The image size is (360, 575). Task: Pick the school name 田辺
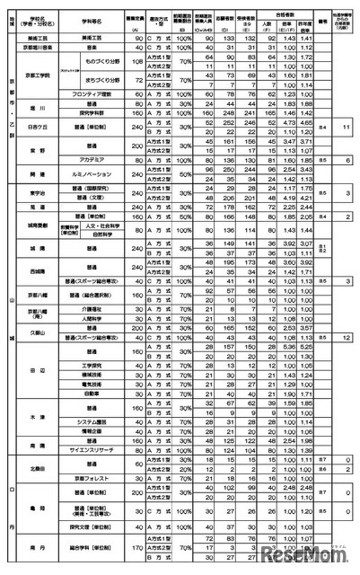click(x=38, y=368)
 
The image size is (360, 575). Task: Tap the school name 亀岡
click(x=38, y=505)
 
